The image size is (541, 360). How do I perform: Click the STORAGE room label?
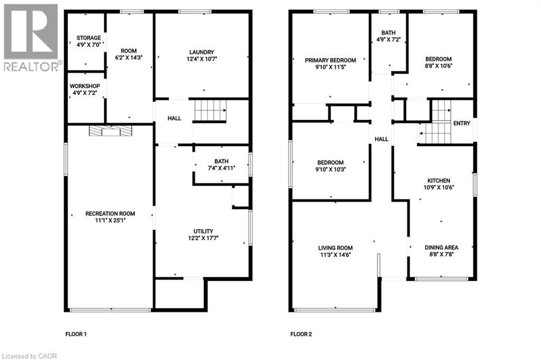click(x=88, y=38)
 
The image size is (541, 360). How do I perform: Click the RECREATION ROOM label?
click(x=110, y=214)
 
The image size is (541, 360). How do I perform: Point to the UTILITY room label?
click(x=203, y=231)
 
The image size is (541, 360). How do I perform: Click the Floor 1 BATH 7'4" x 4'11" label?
click(x=221, y=162)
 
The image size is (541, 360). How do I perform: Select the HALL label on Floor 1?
click(x=174, y=118)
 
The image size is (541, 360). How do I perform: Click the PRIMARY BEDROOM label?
click(x=330, y=60)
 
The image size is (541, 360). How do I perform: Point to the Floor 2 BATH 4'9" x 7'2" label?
click(x=388, y=33)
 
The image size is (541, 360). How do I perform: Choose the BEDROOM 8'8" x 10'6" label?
click(x=439, y=59)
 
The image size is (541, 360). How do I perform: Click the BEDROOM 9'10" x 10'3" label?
click(x=330, y=163)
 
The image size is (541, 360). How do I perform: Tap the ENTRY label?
click(x=461, y=123)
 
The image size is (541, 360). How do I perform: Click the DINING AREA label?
click(x=441, y=247)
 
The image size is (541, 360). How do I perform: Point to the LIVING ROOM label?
click(x=335, y=248)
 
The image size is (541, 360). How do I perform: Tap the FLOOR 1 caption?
click(x=76, y=334)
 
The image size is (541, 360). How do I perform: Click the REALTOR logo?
click(x=31, y=37)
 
